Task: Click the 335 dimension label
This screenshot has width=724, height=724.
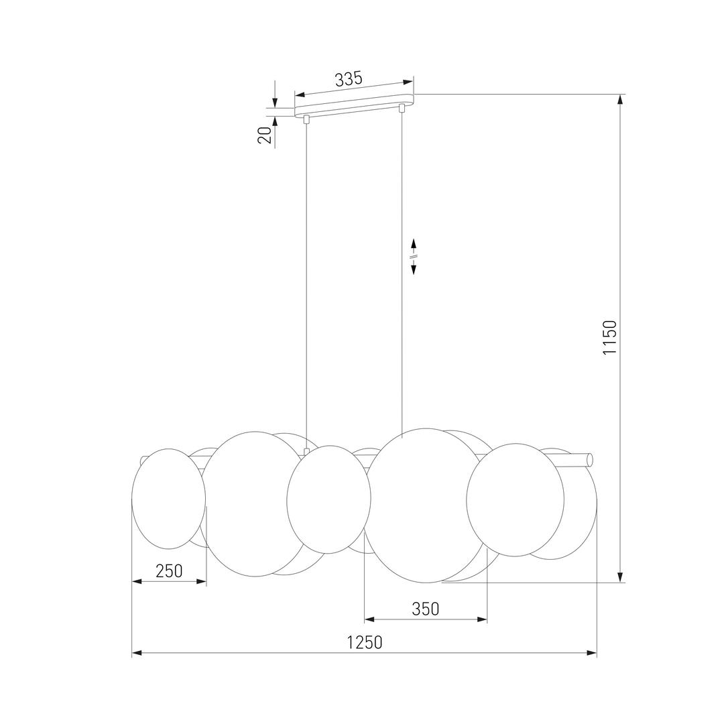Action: coord(349,79)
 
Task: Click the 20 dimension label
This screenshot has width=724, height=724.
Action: coord(265,135)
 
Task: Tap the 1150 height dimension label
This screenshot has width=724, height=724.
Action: coord(609,337)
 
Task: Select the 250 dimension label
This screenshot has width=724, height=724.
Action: coord(169,571)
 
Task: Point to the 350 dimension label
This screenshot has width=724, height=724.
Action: coord(425,609)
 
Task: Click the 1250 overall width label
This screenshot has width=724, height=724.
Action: coord(365,642)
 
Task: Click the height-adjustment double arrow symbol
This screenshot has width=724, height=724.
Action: coord(414,257)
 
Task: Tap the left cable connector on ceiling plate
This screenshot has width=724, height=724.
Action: coord(306,119)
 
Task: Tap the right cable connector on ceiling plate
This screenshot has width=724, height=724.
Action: coord(402,108)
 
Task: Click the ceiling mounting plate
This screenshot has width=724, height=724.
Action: coord(354,105)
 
